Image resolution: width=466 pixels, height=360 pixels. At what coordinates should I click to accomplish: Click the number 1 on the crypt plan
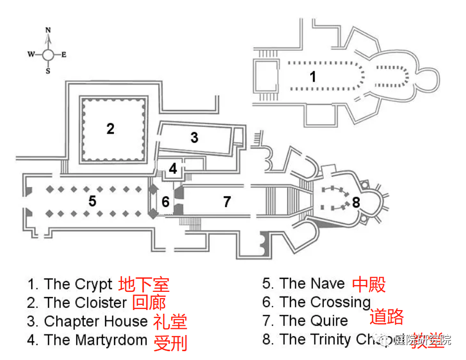click(x=312, y=77)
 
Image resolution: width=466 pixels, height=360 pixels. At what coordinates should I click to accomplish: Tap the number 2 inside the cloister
click(x=110, y=128)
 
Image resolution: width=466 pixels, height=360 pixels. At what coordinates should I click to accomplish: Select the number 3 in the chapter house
click(x=194, y=137)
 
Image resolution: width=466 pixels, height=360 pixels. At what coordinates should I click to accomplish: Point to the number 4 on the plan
click(x=173, y=169)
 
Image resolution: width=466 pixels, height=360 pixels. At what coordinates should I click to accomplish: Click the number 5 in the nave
click(x=92, y=201)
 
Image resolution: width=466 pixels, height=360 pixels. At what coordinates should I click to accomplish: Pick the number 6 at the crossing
click(x=166, y=201)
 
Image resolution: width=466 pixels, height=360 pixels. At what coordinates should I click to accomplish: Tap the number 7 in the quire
click(x=226, y=201)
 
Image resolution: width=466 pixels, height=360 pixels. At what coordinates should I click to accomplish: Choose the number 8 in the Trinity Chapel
click(x=356, y=202)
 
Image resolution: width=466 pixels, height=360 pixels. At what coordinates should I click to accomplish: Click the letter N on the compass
click(x=48, y=30)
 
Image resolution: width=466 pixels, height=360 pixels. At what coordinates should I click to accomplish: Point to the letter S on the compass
click(x=48, y=72)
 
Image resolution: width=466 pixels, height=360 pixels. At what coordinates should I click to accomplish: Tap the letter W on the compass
click(x=31, y=54)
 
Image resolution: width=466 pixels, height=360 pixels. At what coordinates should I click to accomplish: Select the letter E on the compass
click(x=64, y=54)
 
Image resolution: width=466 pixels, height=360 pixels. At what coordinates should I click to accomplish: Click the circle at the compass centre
click(x=48, y=54)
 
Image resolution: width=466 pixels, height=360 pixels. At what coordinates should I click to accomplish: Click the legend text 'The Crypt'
click(x=78, y=284)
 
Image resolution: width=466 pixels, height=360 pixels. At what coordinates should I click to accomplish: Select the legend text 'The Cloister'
click(x=85, y=303)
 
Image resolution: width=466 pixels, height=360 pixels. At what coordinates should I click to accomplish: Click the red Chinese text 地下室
click(x=144, y=285)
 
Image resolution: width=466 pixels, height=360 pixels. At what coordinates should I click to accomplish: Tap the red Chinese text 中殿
click(x=369, y=284)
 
